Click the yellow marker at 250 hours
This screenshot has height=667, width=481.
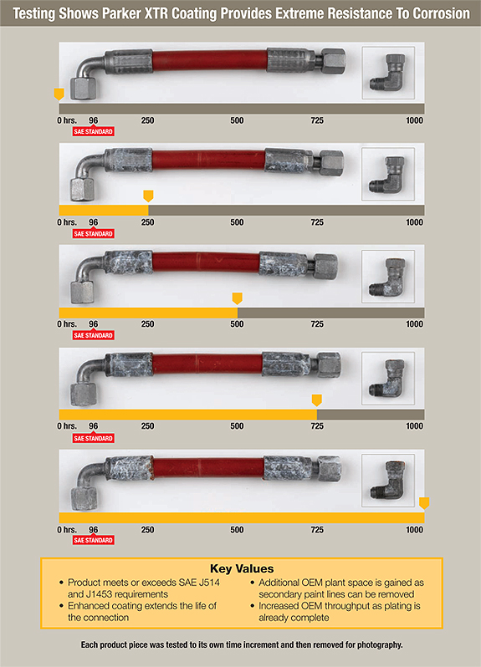tap(148, 196)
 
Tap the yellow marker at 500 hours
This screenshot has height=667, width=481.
tap(237, 298)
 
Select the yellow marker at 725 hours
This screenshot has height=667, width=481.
tap(317, 400)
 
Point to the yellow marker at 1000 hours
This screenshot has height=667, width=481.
tap(424, 503)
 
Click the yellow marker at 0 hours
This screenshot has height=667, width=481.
tap(59, 94)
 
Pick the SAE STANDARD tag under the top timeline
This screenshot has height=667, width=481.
tap(93, 131)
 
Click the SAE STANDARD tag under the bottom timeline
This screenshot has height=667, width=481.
tap(93, 540)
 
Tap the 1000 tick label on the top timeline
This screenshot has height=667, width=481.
tap(415, 120)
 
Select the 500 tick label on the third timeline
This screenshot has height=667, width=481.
tap(237, 324)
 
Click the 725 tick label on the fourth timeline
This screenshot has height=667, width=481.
tap(317, 426)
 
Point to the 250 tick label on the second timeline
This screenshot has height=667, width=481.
tap(148, 222)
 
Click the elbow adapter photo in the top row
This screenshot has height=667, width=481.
tap(388, 73)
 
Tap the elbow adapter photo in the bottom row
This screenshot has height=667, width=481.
tap(388, 481)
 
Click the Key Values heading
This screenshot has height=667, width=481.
tap(242, 568)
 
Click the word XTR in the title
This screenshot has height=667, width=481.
tap(156, 13)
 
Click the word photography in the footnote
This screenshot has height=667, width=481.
tap(380, 645)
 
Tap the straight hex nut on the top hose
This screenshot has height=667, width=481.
tap(332, 61)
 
